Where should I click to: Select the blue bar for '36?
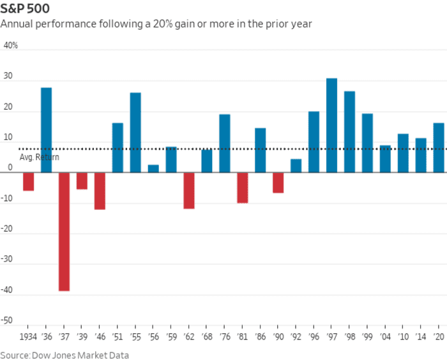[46, 130]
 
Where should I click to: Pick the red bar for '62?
[188, 191]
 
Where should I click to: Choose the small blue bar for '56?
[153, 169]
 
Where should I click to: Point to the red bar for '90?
[278, 183]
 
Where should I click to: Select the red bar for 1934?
[28, 182]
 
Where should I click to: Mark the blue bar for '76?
[224, 144]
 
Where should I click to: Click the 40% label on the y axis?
[11, 46]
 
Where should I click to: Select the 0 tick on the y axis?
[10, 168]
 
